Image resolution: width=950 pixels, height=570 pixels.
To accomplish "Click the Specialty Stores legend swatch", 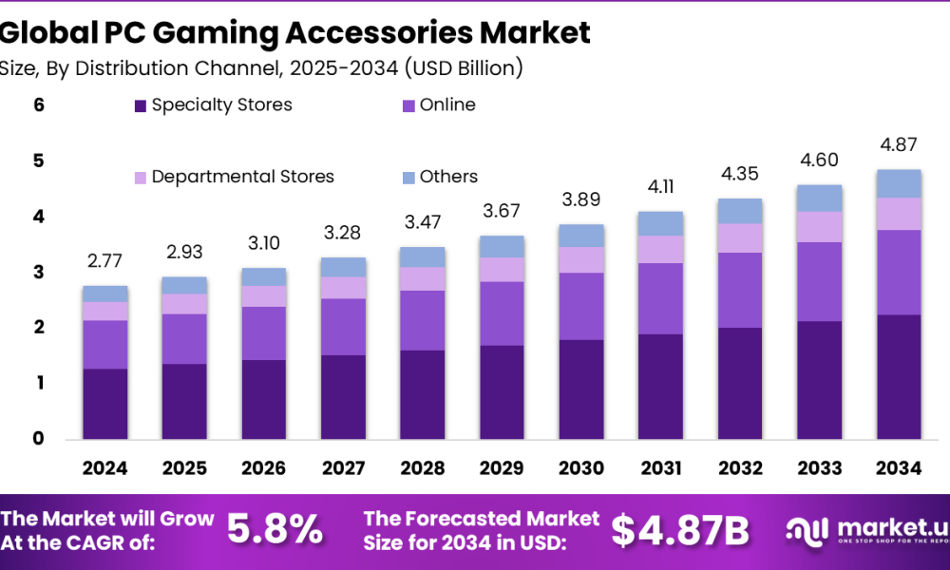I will coord(141,105).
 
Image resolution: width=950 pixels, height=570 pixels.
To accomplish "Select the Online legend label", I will coord(447,104).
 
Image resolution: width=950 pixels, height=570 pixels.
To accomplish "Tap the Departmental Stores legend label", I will coord(242,177).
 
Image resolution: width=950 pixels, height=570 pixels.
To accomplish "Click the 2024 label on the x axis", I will coord(104,468).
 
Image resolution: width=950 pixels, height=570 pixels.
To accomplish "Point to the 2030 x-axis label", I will coord(580,468).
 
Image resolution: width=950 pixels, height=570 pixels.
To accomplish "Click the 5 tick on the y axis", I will coord(39,161).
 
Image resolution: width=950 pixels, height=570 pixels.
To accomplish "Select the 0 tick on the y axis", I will coord(39,439).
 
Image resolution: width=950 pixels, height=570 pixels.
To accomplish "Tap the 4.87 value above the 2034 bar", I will coord(899,146).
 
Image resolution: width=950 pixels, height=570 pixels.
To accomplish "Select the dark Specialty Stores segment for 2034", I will coord(899,376).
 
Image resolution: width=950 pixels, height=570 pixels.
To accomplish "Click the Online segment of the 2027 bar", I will coord(342,327).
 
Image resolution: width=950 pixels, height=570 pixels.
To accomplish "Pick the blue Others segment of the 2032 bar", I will coord(740,211).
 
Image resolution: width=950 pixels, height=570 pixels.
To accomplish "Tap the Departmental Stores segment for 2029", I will coord(502,270).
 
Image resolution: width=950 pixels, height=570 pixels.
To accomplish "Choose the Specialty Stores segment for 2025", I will coord(184,401).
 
